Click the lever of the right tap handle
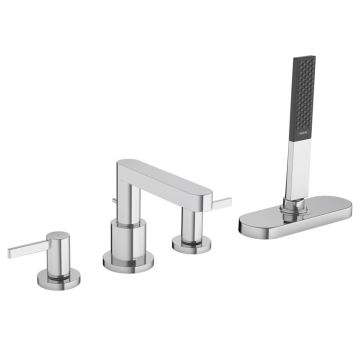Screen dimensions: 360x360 point(219,205)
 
